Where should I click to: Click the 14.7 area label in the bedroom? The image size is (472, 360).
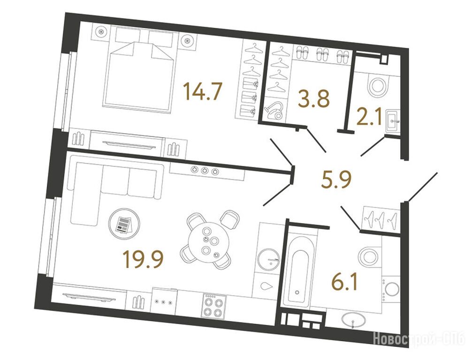[204, 91]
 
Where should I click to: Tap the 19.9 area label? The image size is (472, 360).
[143, 260]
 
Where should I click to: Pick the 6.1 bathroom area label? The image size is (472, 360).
[345, 282]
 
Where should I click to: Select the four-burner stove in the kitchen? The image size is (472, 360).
[214, 306]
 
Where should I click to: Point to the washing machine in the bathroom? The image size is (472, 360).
[391, 289]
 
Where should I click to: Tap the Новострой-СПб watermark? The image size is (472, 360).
[419, 340]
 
